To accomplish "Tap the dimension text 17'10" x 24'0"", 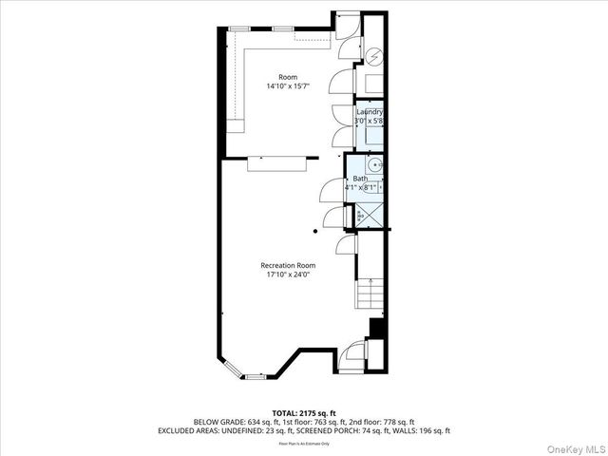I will (288, 275).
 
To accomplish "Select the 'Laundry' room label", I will (370, 112).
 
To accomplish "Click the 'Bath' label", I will (360, 179).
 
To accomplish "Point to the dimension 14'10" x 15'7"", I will (288, 86).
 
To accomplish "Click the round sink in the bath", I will (378, 165).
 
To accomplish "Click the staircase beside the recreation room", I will (371, 295).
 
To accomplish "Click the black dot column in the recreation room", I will (315, 231).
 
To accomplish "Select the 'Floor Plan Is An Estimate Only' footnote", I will (303, 443).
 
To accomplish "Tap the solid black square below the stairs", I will (376, 329).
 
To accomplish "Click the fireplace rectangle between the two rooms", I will (275, 165).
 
